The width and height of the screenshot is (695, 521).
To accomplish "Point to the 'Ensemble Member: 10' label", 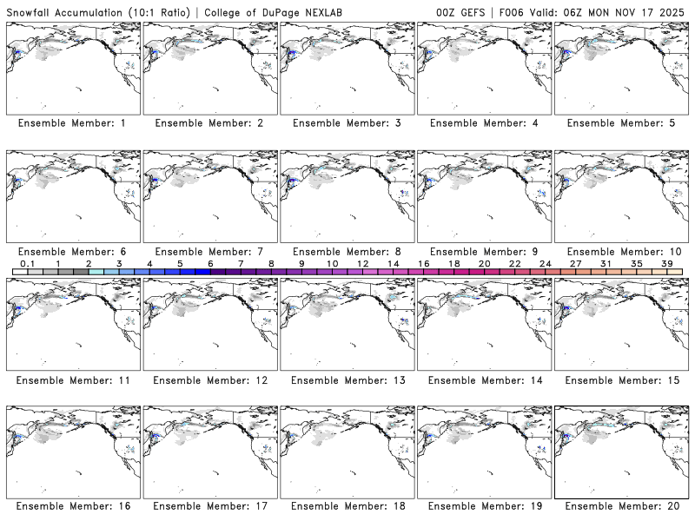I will [622, 252].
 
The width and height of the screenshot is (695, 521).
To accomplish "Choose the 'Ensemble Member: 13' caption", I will [348, 380].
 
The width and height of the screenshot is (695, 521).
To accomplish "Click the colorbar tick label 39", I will [666, 263].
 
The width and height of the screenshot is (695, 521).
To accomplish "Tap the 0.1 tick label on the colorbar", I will [28, 263].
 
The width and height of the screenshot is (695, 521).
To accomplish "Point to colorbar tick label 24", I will [545, 263].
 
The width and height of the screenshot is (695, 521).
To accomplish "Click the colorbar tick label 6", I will [210, 263].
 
